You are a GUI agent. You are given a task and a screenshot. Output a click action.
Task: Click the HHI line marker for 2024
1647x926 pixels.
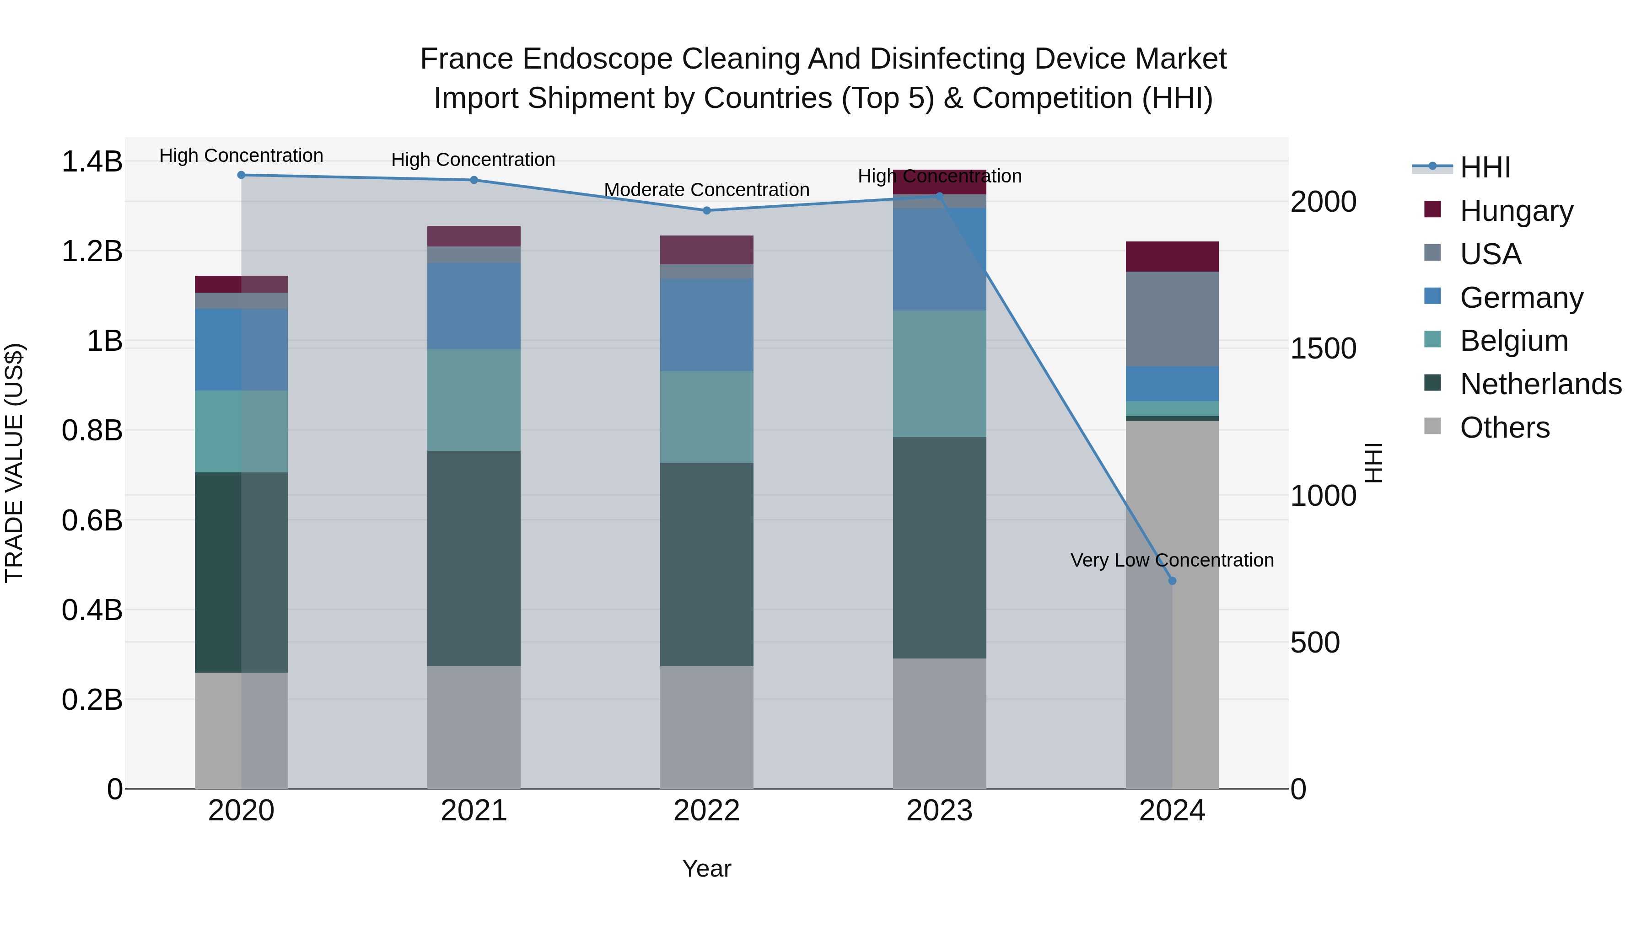tap(1172, 581)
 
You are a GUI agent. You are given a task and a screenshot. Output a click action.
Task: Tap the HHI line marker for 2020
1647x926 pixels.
tap(241, 175)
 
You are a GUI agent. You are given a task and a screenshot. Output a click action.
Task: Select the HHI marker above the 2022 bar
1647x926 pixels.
tap(706, 210)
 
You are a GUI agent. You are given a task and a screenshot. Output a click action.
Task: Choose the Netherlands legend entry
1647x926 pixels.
tap(1540, 384)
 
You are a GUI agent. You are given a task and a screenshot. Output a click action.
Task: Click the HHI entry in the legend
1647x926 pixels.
tap(1485, 167)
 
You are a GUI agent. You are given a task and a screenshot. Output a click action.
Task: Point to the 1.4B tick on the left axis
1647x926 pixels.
tap(91, 162)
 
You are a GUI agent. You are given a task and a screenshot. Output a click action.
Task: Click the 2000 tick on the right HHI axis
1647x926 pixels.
tap(1323, 202)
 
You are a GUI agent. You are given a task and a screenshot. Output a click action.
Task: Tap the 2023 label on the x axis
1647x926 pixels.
tap(939, 811)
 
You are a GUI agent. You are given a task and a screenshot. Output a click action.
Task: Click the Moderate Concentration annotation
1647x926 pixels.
tap(706, 190)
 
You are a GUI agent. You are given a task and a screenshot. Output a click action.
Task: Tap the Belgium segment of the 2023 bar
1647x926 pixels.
tap(939, 374)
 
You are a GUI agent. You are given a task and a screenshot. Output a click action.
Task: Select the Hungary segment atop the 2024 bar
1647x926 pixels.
tap(1172, 257)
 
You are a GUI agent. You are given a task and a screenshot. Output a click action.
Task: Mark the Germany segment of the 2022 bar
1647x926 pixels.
tap(706, 325)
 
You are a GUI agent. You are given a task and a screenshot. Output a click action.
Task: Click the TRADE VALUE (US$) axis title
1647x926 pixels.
tap(14, 463)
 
